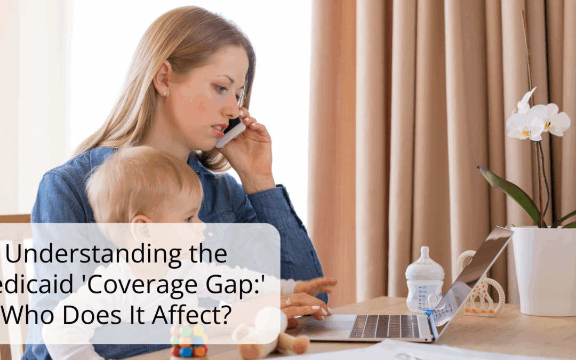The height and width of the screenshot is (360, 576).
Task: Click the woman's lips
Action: pos(219,130)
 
